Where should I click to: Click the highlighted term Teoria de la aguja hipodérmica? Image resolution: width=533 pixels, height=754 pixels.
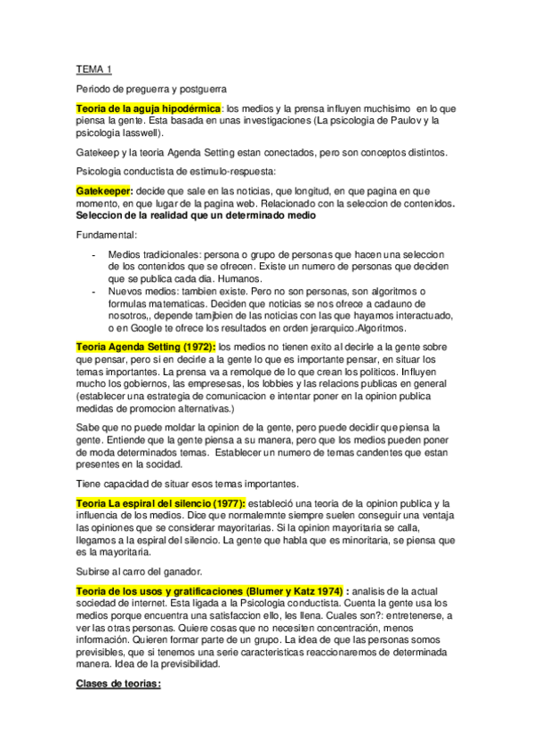click(x=148, y=108)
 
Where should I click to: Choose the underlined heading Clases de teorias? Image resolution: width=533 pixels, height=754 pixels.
click(x=118, y=685)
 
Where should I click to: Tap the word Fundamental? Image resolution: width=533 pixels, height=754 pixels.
click(x=106, y=236)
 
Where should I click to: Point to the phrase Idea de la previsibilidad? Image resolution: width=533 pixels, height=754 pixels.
click(x=168, y=663)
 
